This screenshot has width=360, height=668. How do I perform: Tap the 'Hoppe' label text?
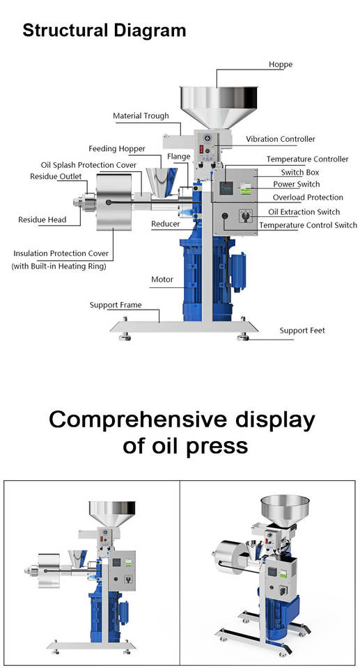pyautogui.click(x=280, y=64)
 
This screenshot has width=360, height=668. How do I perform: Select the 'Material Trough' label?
pyautogui.click(x=141, y=116)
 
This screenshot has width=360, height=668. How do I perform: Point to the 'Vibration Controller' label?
pyautogui.click(x=281, y=139)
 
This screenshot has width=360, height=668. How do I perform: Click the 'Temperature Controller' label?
pyautogui.click(x=308, y=159)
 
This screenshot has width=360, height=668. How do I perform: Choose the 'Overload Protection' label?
pyautogui.click(x=308, y=197)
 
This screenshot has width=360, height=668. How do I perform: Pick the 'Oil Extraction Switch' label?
pyautogui.click(x=304, y=212)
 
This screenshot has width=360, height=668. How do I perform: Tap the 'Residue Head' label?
pyautogui.click(x=42, y=220)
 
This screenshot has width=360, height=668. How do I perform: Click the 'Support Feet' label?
pyautogui.click(x=302, y=331)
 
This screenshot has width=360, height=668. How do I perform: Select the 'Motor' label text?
pyautogui.click(x=162, y=280)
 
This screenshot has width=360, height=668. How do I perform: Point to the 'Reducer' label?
pyautogui.click(x=166, y=223)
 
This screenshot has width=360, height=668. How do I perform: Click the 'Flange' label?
pyautogui.click(x=179, y=157)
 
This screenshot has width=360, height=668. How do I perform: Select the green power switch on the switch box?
pyautogui.click(x=244, y=188)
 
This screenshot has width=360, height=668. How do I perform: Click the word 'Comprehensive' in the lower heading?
pyautogui.click(x=137, y=420)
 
